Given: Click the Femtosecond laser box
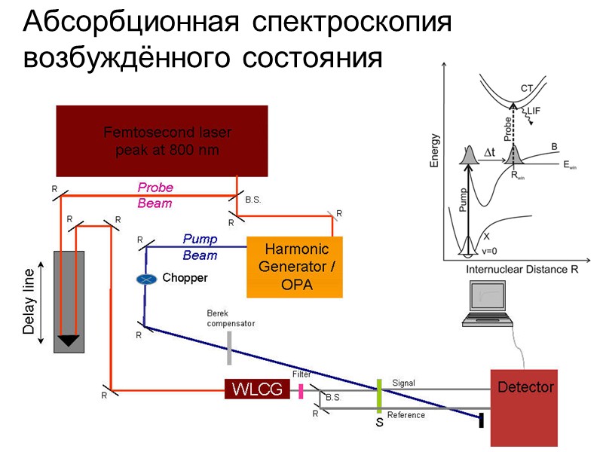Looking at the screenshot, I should click(x=162, y=142).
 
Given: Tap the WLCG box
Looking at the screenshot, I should click(x=257, y=389).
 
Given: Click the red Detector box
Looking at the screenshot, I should click(x=525, y=407).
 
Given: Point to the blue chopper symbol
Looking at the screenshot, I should click(x=146, y=279).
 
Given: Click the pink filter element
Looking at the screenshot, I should click(x=301, y=391).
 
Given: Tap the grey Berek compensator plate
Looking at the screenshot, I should click(x=229, y=348).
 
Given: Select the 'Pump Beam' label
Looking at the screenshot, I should click(x=200, y=247).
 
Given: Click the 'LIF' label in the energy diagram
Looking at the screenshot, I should click(x=534, y=111).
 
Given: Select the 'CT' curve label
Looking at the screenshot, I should click(x=528, y=89).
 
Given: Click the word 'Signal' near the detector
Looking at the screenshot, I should click(x=403, y=383).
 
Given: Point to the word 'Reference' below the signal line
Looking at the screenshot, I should click(x=406, y=415).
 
